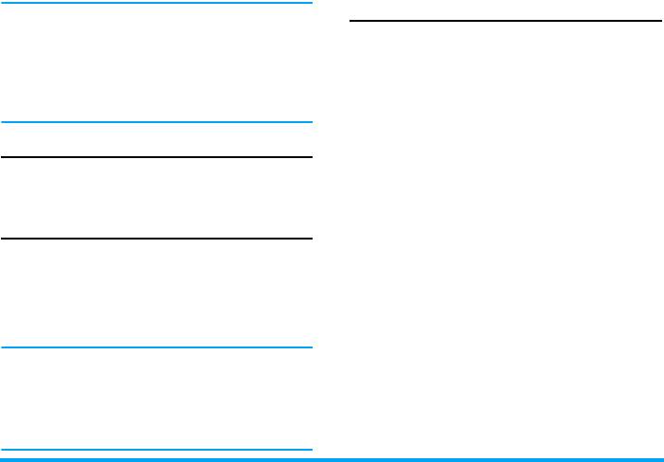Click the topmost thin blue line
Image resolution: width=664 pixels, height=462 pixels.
(156, 3)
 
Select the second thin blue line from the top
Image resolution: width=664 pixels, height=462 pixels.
(156, 121)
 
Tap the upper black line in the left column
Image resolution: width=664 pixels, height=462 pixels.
(156, 157)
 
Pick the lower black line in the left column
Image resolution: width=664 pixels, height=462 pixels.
(156, 239)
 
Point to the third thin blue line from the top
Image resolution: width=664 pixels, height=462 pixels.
(156, 348)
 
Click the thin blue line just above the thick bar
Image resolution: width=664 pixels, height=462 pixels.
(156, 450)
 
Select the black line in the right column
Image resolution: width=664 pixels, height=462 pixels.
(506, 20)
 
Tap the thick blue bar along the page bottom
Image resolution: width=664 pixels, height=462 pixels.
(332, 459)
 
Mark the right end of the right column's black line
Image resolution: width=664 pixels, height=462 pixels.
(659, 20)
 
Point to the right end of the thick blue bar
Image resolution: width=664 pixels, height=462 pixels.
(661, 459)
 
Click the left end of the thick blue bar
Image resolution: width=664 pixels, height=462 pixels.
(2, 459)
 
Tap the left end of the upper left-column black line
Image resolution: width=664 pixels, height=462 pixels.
(2, 157)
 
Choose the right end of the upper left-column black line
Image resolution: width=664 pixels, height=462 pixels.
(311, 157)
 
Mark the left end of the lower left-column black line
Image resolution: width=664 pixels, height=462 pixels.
(2, 239)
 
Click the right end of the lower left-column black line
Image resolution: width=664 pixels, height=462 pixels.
(311, 239)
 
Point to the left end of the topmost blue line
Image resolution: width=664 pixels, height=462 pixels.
(2, 3)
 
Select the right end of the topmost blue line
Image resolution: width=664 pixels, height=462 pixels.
(311, 3)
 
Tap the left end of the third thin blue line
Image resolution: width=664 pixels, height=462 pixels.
(2, 348)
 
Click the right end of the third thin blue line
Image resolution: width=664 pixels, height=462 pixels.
(311, 348)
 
